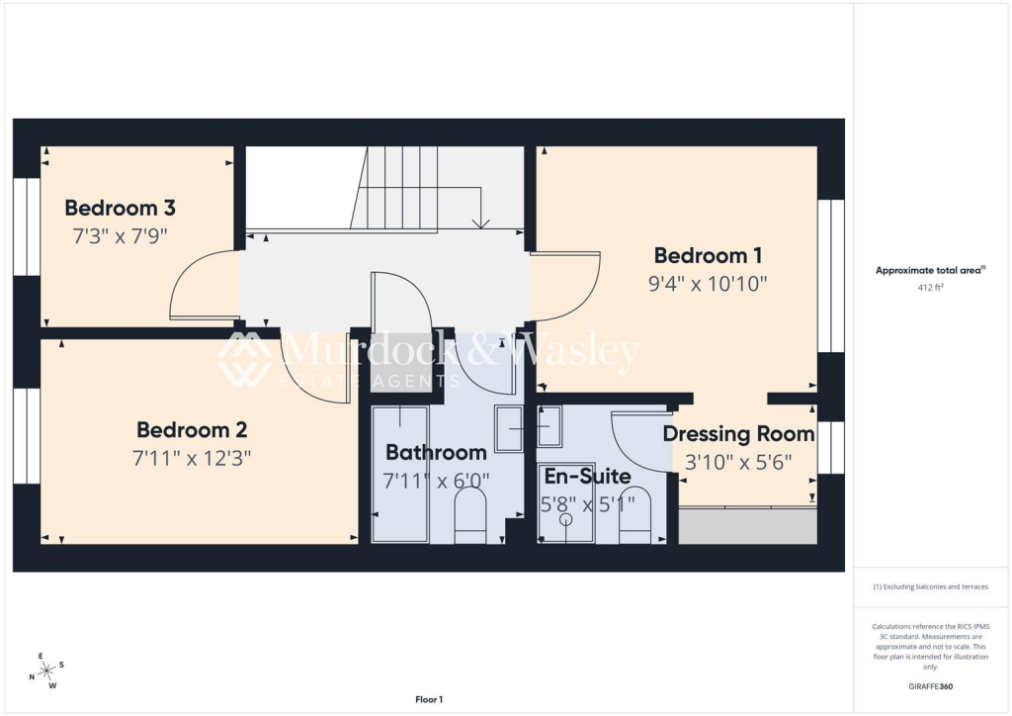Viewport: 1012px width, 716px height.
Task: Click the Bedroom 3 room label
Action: click(120, 208)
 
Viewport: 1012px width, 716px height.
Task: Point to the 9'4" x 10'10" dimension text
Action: click(708, 284)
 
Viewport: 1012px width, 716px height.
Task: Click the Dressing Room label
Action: click(738, 434)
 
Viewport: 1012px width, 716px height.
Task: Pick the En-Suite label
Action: click(587, 477)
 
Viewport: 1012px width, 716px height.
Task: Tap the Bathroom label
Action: click(436, 453)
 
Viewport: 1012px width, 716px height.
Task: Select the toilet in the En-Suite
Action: click(634, 516)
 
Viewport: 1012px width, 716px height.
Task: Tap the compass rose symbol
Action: click(45, 671)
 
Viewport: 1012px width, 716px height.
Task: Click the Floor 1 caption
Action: click(429, 699)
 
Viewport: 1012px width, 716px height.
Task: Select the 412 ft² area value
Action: click(931, 288)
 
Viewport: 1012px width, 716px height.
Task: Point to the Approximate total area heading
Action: click(930, 270)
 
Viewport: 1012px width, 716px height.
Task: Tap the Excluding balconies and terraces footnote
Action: click(930, 586)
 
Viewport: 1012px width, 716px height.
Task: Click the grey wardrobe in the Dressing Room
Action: click(747, 525)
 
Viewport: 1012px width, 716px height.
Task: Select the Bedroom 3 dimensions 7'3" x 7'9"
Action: click(120, 236)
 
